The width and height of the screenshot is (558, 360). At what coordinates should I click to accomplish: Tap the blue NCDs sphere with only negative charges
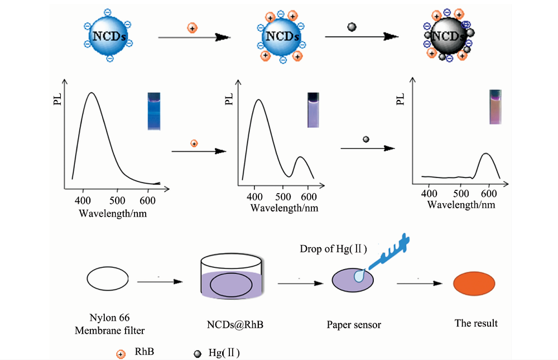[109, 35]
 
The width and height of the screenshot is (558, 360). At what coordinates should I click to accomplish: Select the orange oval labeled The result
[474, 284]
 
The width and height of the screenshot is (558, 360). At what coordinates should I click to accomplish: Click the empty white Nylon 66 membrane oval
[108, 279]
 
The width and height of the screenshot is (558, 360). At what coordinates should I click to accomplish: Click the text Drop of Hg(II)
[333, 248]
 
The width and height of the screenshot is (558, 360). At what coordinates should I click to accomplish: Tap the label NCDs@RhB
[235, 325]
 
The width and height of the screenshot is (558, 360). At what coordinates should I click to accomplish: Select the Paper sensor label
[354, 325]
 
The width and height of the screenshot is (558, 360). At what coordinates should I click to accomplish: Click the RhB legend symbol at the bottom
[121, 354]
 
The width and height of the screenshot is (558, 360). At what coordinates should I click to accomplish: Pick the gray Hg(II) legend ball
[197, 354]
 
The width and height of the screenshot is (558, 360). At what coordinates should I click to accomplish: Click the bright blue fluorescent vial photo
[154, 111]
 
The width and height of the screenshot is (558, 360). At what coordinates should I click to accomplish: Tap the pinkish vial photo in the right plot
[495, 107]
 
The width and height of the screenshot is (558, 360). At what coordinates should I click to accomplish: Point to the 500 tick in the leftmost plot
[117, 200]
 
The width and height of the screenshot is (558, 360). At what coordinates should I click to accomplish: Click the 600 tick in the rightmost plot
[489, 193]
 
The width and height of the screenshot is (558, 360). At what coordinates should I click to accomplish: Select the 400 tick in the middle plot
[254, 196]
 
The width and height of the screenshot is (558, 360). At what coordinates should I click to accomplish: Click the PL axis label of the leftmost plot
[57, 99]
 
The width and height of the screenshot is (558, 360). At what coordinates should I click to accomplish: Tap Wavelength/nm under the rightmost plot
[461, 205]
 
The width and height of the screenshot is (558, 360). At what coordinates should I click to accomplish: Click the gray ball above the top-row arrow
[352, 27]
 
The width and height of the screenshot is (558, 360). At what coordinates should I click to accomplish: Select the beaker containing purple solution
[232, 276]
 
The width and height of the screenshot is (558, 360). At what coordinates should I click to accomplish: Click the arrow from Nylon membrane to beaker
[160, 282]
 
